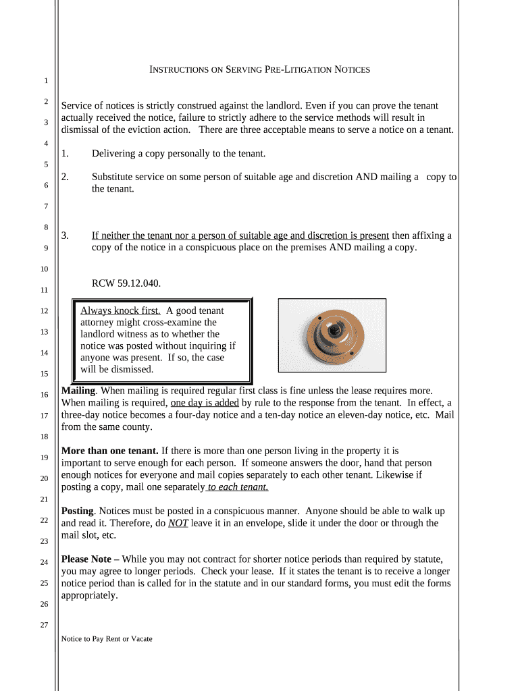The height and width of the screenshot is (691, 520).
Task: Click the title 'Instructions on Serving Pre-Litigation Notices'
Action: (259, 70)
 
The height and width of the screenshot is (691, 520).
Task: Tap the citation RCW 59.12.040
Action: (126, 283)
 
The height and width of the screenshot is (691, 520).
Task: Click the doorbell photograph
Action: (332, 335)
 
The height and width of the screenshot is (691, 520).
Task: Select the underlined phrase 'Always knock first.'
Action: (120, 311)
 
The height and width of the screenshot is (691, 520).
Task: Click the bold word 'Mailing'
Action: (79, 391)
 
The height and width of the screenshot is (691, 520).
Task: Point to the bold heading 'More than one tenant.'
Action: (109, 451)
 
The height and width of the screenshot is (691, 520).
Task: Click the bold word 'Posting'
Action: (78, 511)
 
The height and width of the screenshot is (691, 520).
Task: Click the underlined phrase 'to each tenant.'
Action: (238, 487)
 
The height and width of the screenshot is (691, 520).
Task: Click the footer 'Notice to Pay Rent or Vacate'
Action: (107, 638)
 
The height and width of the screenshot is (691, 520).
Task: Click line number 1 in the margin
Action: (45, 81)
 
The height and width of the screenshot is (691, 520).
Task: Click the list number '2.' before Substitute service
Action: (66, 177)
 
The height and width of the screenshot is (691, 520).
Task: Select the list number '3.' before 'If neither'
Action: (66, 236)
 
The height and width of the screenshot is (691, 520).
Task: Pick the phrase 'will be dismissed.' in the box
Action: (117, 370)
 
